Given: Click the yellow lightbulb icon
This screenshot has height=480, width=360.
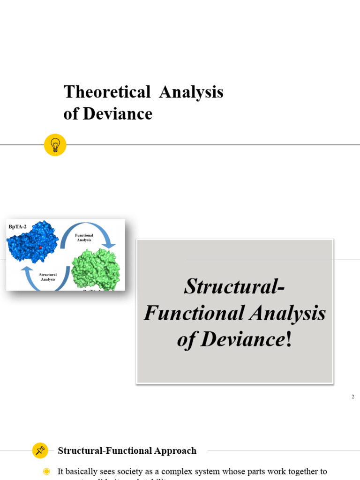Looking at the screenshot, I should [x=55, y=145].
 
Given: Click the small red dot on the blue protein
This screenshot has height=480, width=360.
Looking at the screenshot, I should [x=41, y=247].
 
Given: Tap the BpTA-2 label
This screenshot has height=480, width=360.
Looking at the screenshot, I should [x=18, y=226].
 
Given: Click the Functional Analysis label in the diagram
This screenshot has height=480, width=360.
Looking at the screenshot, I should [x=84, y=238].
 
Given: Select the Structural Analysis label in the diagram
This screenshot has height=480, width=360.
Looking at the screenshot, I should [x=48, y=277].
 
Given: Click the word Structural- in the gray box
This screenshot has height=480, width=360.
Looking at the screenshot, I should [x=234, y=286].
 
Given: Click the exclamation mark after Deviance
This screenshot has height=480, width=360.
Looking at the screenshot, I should [x=288, y=339].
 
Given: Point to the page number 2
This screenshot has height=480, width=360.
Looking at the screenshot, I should [x=352, y=397].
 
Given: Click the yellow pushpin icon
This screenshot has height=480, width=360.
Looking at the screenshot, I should [x=40, y=450].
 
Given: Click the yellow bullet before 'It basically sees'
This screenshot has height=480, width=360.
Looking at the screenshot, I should [x=46, y=472].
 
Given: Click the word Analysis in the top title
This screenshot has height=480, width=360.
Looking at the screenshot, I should [x=191, y=92].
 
